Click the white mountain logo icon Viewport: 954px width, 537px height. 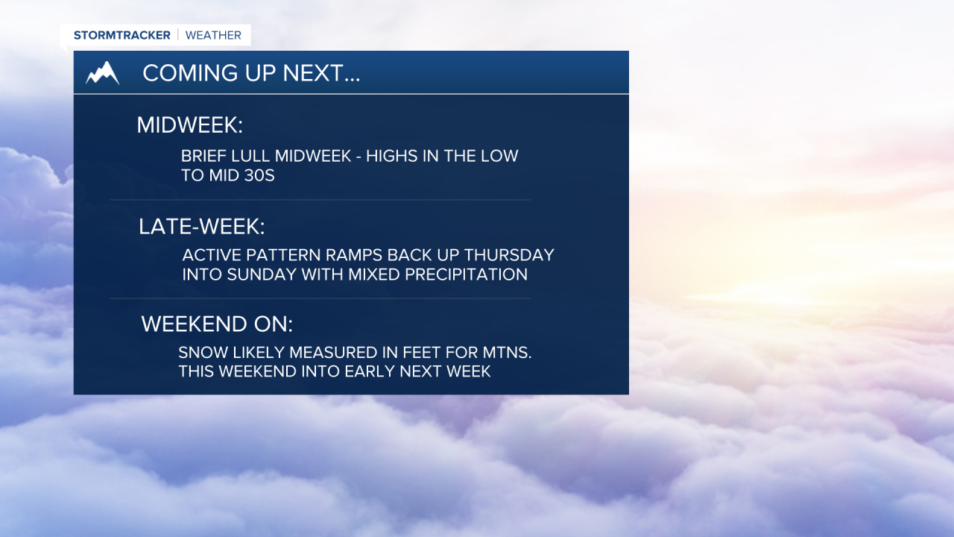click(102, 73)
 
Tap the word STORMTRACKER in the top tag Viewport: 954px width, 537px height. click(122, 35)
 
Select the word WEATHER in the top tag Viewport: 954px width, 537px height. click(213, 35)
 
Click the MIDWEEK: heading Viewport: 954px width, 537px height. click(189, 125)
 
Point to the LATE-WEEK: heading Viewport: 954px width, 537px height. click(201, 227)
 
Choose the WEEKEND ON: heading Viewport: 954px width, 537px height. click(217, 324)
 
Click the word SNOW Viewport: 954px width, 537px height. click(201, 353)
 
